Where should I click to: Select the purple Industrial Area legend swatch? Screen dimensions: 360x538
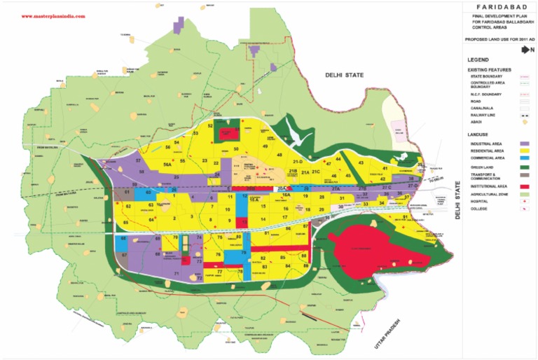point(524,143)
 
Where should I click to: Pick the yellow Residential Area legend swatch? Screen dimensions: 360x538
point(524,151)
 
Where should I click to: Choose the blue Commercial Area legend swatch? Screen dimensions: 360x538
point(524,159)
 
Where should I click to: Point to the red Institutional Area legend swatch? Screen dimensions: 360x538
point(524,186)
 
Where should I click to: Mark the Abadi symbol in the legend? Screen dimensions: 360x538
point(524,121)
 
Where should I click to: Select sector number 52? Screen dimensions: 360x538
point(210,125)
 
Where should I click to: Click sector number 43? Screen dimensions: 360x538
point(361,162)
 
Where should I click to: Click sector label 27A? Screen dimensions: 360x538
point(336,189)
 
